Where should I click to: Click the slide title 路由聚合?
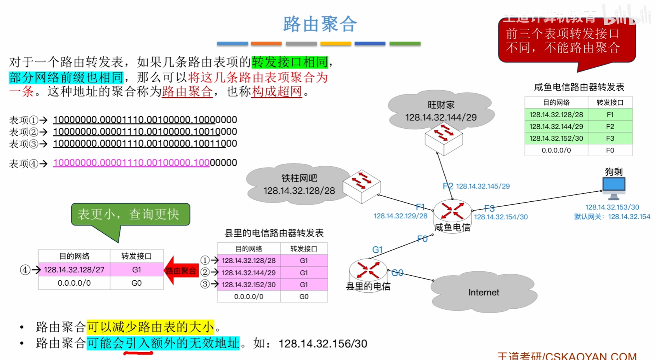320,24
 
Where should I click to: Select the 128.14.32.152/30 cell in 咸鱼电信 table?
556,138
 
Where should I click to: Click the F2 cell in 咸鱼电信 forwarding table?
610,126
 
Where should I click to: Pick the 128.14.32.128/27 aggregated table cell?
74,270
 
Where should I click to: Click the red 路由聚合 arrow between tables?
180,271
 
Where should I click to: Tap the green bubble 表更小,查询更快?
130,214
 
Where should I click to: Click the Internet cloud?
484,292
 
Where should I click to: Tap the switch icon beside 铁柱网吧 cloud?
362,186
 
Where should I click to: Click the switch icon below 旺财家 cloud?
444,138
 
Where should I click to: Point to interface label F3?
489,209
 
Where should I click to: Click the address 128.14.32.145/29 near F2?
482,186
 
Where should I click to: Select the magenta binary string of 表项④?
131,163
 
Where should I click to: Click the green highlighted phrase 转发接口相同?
290,62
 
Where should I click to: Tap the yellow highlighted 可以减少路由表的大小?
150,327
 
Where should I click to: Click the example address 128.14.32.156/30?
323,344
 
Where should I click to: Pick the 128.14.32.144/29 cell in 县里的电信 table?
249,273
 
